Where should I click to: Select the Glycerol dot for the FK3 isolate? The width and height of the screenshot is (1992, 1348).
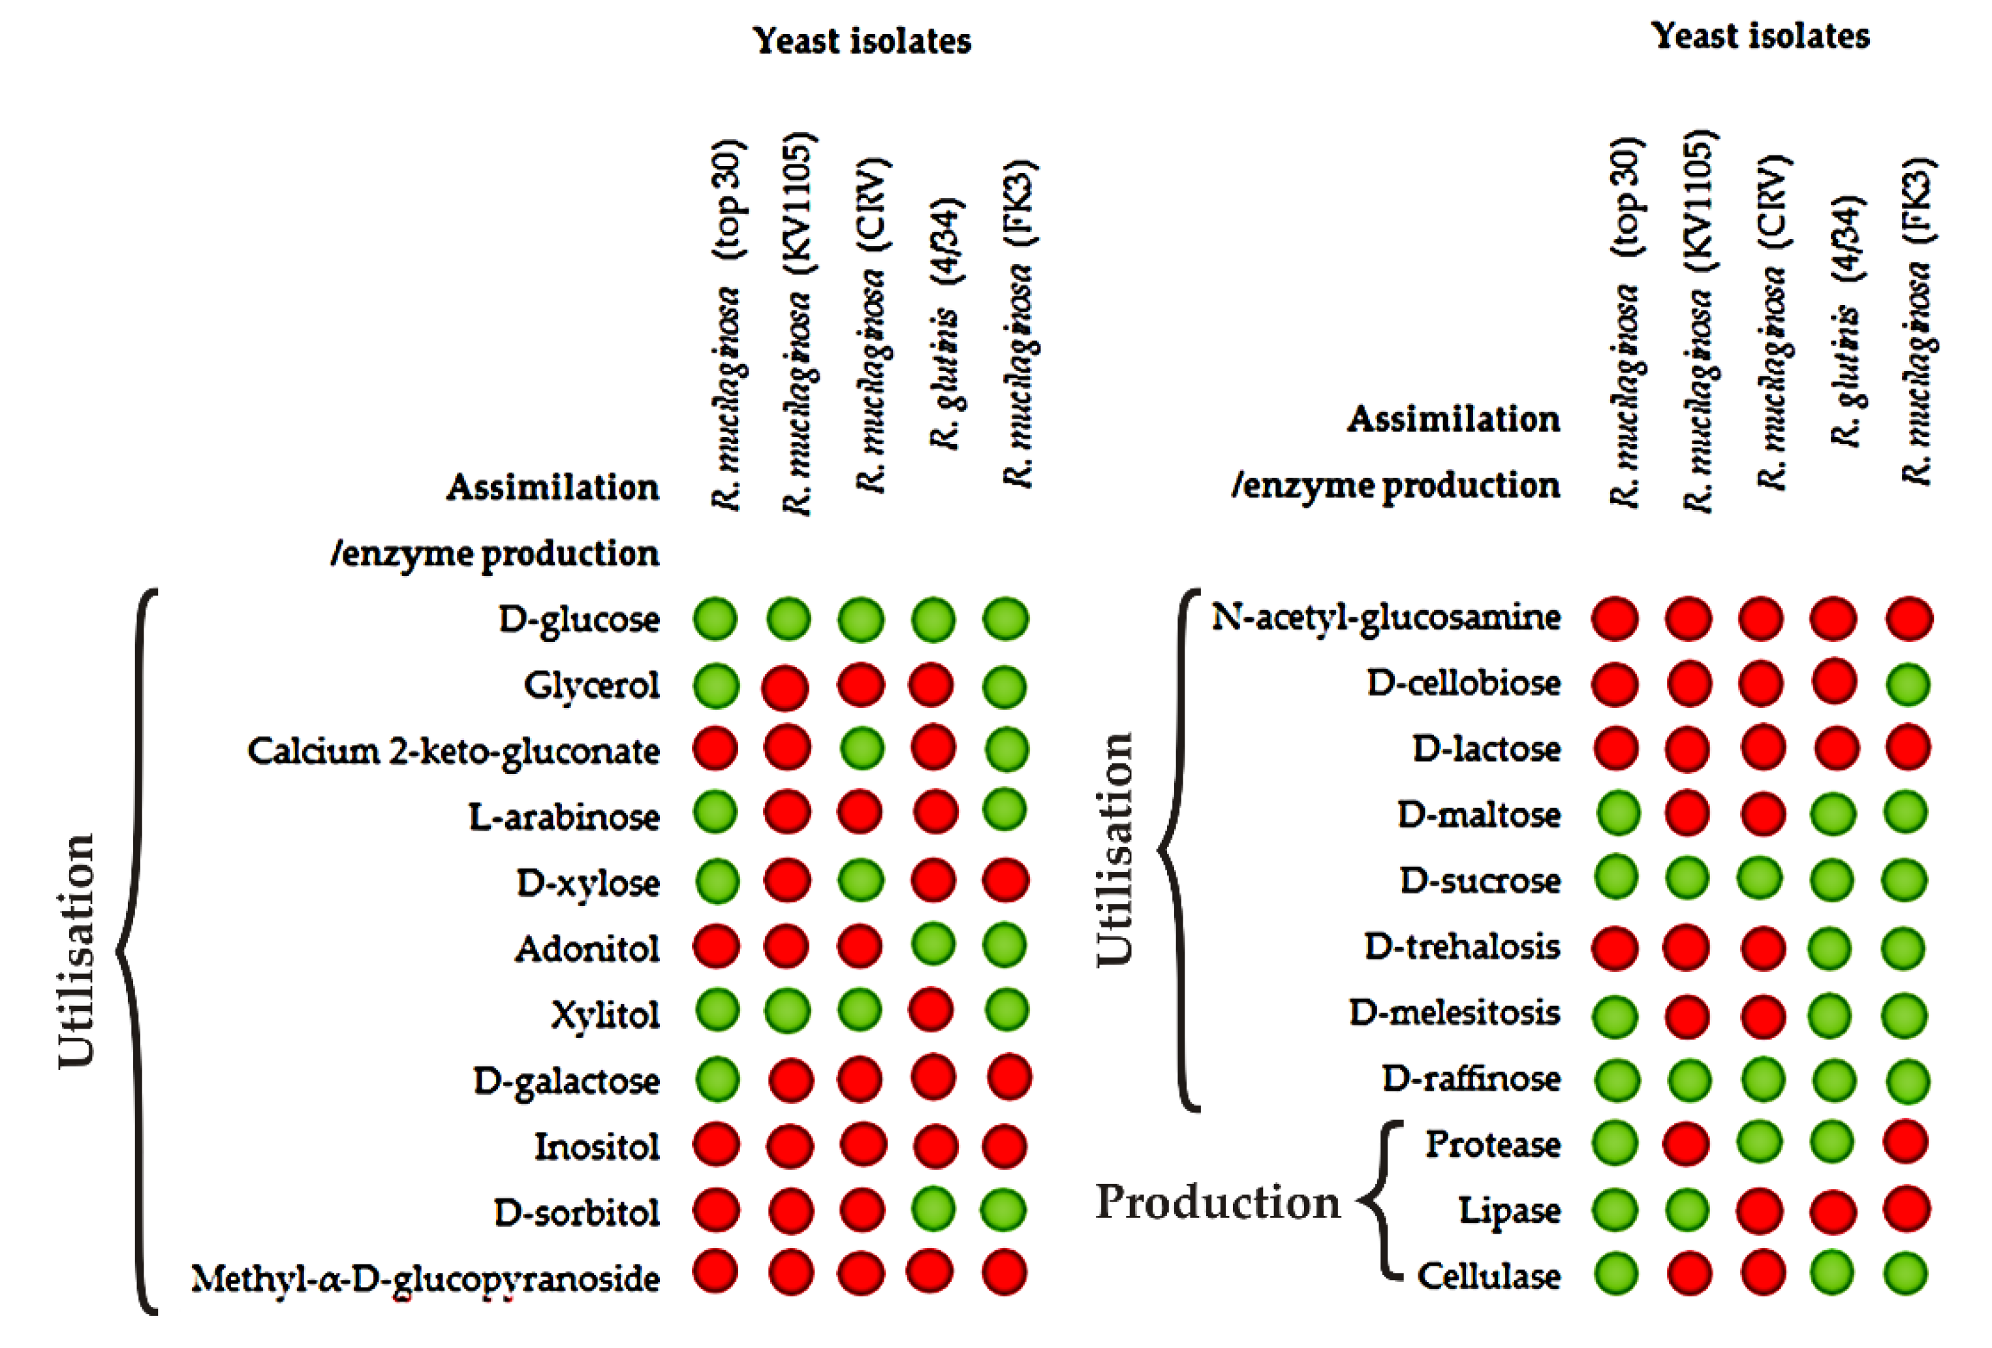coord(1004,686)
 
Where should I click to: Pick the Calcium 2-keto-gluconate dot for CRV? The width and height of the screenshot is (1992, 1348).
coord(862,748)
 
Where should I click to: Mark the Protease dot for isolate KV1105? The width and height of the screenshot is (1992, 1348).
coord(1687,1143)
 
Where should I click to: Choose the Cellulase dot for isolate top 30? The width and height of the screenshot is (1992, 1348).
coord(1615,1274)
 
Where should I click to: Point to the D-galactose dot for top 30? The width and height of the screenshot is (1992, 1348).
coord(717,1079)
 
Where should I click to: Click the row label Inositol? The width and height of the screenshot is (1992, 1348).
coord(597,1146)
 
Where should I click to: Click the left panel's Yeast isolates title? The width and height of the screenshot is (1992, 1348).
coord(862,40)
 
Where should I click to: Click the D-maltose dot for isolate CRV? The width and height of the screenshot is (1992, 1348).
coord(1762,813)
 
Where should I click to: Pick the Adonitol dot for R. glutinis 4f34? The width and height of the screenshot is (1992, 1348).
coord(933,945)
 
